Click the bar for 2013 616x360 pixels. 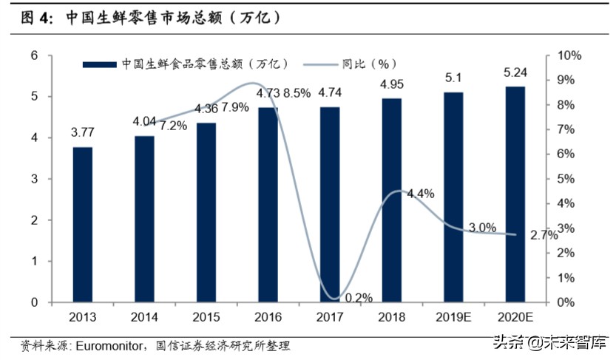pos(83,225)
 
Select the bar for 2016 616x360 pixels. pos(268,205)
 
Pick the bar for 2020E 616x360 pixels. pos(515,194)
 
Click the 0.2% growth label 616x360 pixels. pos(359,298)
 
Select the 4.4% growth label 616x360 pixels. pos(420,194)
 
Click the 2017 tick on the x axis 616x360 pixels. pos(330,317)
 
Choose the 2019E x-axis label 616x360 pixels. pos(453,317)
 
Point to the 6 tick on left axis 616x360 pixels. pos(34,55)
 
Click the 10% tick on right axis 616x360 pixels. pos(569,55)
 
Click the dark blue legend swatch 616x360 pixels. pos(99,64)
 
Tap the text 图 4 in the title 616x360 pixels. pos(31,16)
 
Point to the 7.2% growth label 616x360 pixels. pos(172,126)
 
